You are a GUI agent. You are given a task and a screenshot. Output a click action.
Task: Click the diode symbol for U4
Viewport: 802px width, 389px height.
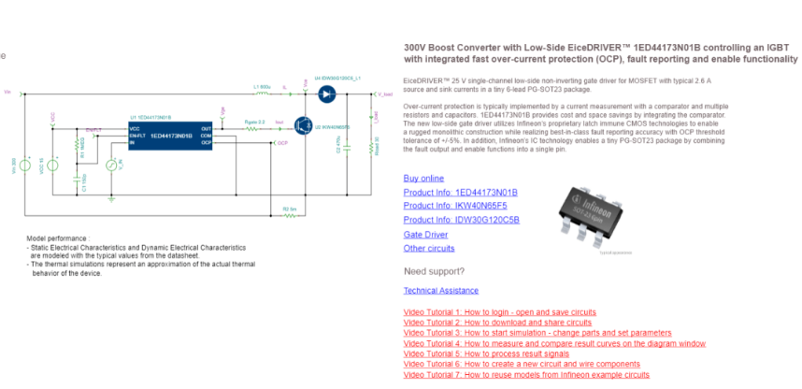click(326, 94)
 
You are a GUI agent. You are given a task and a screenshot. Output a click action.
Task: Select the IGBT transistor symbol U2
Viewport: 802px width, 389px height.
click(304, 122)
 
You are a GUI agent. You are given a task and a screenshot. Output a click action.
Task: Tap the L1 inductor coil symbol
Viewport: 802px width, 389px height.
click(262, 94)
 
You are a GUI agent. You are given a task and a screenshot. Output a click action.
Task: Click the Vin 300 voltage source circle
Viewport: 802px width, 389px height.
click(27, 165)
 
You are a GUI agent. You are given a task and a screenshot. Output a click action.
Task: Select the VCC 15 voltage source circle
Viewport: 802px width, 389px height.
click(52, 165)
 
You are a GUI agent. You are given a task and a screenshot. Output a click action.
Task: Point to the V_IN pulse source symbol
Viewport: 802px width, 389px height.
click(111, 166)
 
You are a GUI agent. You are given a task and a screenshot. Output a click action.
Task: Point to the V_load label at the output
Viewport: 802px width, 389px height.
click(383, 94)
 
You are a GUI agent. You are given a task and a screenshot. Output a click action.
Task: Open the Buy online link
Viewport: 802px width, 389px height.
click(423, 178)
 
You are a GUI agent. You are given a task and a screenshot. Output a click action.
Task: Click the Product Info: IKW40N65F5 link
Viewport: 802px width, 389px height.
click(454, 206)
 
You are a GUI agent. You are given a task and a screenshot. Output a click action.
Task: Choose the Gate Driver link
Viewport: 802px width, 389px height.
click(425, 234)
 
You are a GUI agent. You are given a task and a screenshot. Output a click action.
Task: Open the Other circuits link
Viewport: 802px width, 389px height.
click(429, 248)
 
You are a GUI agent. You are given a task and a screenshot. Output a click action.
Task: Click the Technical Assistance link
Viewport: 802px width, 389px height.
click(440, 291)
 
